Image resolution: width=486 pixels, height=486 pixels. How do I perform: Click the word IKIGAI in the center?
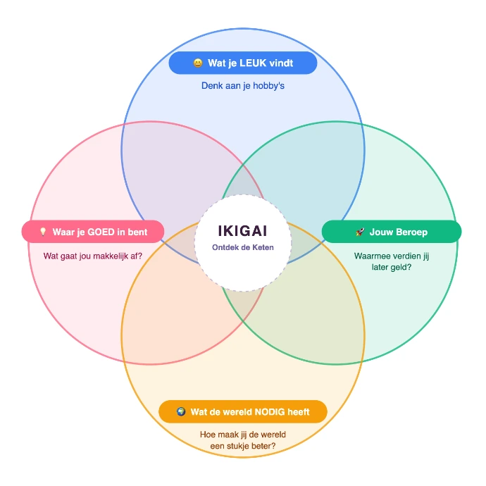242,231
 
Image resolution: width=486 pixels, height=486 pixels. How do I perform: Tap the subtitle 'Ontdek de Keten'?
242,247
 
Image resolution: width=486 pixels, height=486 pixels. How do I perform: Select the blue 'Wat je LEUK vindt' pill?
243,63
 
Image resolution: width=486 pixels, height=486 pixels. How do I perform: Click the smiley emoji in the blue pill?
198,63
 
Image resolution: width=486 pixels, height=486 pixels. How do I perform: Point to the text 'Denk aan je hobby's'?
243,86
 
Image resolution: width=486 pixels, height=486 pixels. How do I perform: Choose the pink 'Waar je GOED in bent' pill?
93,231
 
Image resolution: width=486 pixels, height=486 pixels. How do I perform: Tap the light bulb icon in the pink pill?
42,232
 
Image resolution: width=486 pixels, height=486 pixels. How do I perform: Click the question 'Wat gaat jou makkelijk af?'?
93,256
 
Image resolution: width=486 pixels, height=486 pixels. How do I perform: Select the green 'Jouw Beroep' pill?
392,231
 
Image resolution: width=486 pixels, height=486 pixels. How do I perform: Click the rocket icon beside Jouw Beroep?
360,232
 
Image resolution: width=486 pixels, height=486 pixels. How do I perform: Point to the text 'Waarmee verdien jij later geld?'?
392,261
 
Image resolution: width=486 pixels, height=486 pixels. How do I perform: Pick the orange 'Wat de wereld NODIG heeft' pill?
243,411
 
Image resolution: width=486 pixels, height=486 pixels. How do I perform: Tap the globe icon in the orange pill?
181,412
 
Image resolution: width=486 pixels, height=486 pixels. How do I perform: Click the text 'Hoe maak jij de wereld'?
243,434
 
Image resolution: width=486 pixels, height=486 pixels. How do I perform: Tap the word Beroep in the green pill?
411,232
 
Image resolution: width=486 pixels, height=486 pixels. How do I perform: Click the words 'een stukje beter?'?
243,446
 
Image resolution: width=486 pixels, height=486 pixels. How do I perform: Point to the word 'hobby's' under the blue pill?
270,86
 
